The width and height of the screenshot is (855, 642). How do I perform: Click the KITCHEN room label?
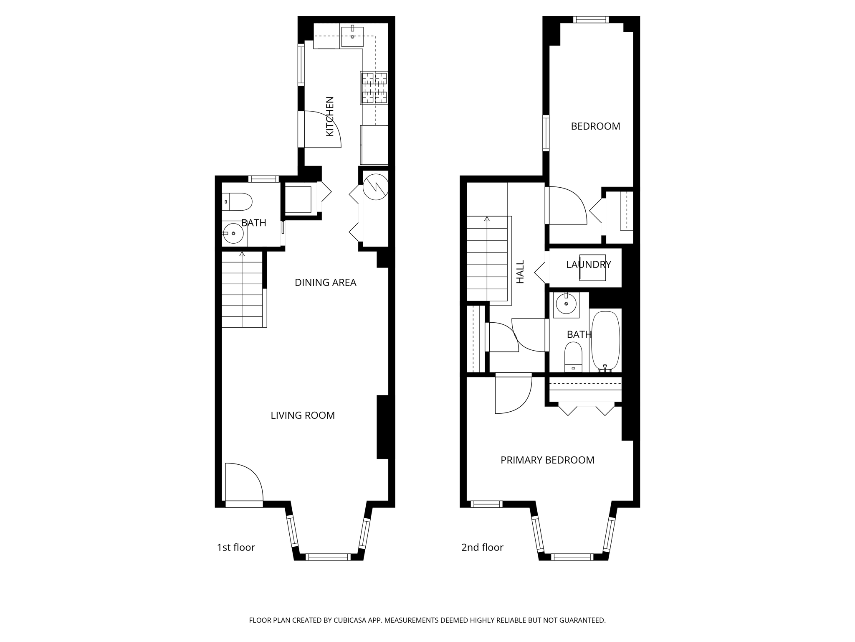point(330,117)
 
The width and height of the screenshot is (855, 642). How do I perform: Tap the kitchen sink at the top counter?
point(352,36)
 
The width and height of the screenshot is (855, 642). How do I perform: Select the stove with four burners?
point(374,88)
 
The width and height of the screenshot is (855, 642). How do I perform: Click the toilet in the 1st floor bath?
point(237,202)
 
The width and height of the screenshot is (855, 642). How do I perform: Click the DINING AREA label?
point(325,283)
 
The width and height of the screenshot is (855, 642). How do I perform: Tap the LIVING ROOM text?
point(302,415)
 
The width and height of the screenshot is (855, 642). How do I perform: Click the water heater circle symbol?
point(375,186)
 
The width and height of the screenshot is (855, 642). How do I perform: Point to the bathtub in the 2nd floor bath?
point(605,341)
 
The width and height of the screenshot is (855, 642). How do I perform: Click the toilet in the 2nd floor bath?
point(573,357)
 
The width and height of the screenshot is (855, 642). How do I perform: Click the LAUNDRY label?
point(588,265)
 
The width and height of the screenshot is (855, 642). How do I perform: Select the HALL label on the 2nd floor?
point(520,272)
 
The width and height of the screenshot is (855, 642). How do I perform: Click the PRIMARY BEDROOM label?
point(547,460)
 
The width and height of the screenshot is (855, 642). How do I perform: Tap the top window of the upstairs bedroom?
point(591,20)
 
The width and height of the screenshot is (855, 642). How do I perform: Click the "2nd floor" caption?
point(482,548)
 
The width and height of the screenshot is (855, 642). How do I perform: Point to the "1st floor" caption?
point(235,548)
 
